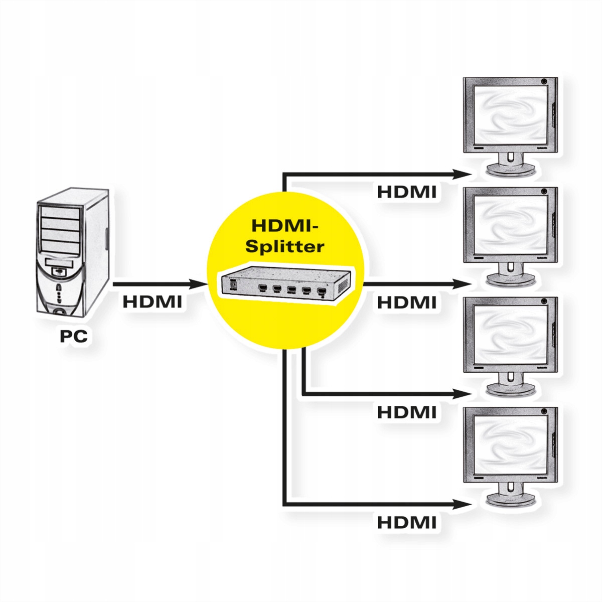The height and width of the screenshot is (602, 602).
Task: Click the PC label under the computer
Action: [73, 336]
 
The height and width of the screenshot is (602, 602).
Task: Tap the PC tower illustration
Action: [73, 254]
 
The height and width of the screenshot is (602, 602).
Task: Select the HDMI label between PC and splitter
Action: [152, 303]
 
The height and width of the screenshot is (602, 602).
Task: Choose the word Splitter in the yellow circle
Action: [288, 246]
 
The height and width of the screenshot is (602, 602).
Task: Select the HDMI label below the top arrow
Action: [406, 192]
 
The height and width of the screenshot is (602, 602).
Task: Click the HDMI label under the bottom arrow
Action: [406, 522]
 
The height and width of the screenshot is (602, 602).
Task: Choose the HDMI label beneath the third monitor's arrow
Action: [406, 412]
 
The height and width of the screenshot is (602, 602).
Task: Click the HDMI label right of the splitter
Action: [406, 303]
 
